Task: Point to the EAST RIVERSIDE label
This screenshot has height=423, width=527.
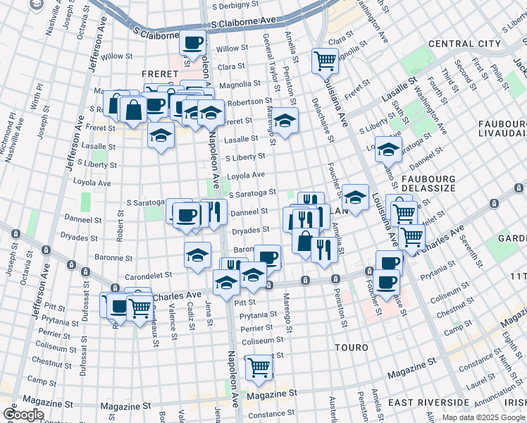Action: point(428,403)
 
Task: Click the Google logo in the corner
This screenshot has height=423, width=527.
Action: point(23,415)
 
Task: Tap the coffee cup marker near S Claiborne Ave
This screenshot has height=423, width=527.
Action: point(193,42)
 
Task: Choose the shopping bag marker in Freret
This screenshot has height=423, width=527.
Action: point(133,109)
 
